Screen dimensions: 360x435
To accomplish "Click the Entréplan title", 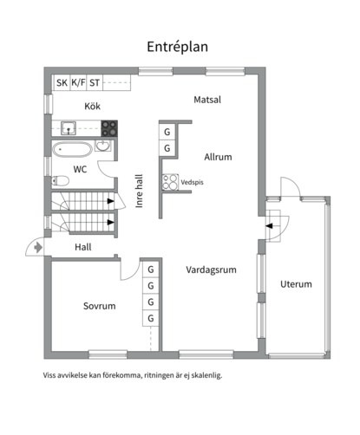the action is coord(177,47).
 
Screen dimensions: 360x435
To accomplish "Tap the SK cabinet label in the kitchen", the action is coord(62,83).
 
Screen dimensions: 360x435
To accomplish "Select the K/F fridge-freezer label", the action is coord(78,83).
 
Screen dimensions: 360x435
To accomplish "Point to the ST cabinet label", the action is coord(95,83).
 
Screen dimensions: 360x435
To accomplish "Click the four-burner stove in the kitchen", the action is coord(109,128).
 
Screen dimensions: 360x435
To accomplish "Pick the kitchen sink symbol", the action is coord(69,128).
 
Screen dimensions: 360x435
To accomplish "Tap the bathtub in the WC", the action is coord(72,150).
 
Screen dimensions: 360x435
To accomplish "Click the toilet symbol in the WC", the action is coord(61,181).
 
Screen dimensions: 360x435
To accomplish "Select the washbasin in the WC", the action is coord(102,146).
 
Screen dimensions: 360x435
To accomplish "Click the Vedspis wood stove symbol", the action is coord(170,182).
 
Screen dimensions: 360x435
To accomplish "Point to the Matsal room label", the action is coord(207,100).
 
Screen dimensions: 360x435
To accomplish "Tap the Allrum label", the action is coord(218,157).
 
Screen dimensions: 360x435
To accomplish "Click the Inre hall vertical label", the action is coord(139,191).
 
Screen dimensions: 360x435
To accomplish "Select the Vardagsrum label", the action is coord(211,269).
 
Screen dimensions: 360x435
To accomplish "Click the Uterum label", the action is coord(296,284).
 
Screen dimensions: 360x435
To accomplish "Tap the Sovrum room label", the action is coord(100,306).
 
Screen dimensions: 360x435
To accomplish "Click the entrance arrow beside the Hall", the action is coord(38,248).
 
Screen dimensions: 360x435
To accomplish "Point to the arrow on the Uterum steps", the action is coord(269,226).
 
